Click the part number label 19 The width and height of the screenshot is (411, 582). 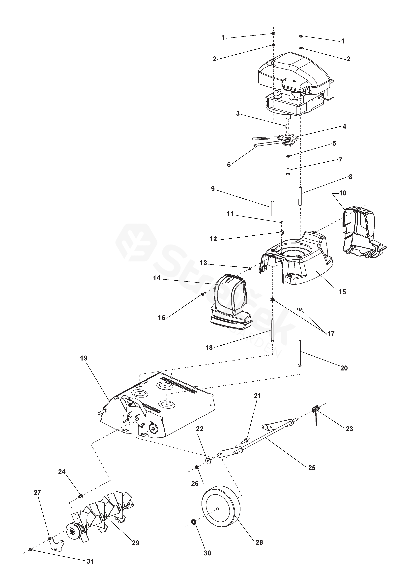(x=84, y=358)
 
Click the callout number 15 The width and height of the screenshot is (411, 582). (x=342, y=292)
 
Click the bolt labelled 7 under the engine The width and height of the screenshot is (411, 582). (x=288, y=172)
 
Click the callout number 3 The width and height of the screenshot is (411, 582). (x=238, y=113)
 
